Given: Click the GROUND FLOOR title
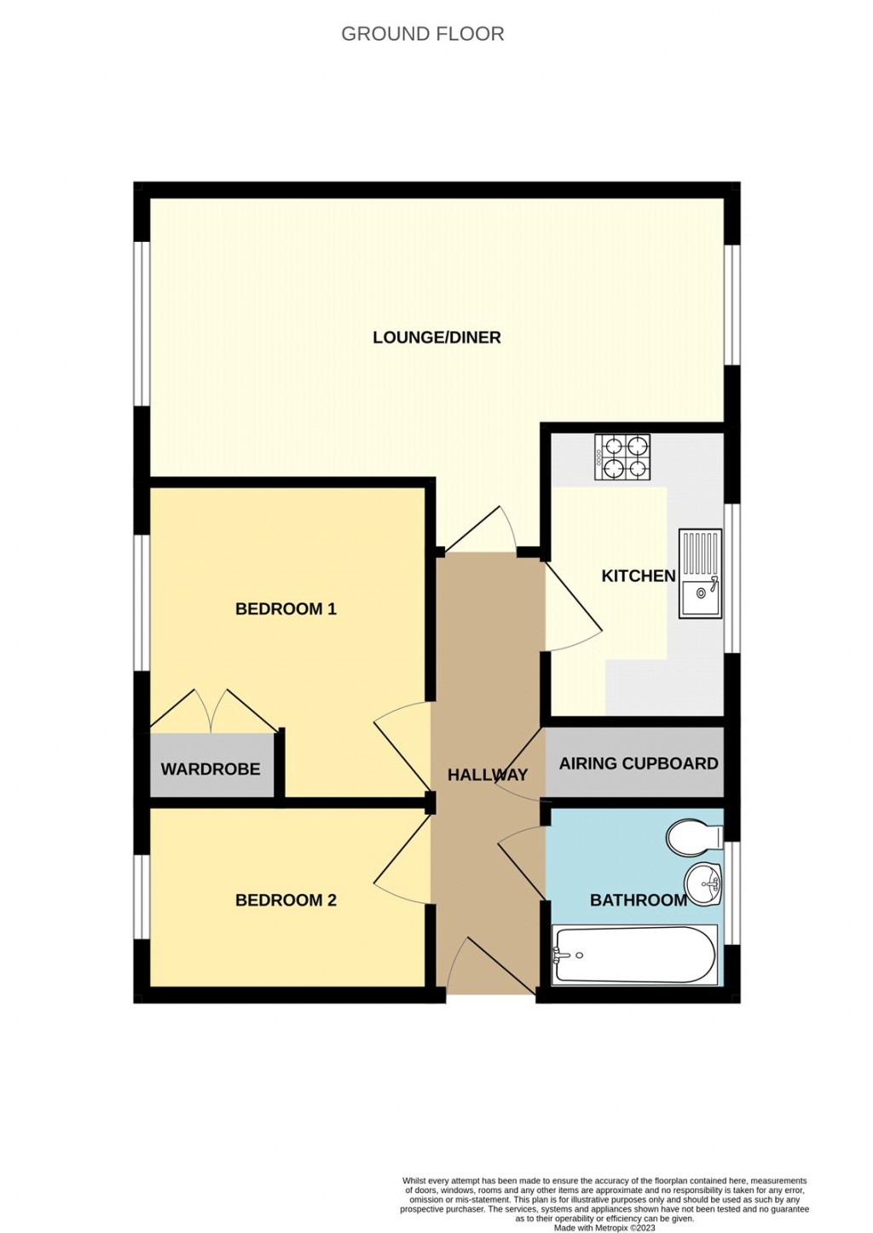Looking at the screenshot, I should (422, 34).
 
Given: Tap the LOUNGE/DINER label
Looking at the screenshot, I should (436, 337).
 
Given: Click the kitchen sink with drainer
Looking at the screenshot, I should (699, 573).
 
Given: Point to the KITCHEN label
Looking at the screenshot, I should (638, 576).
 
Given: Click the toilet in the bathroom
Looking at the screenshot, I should (695, 838).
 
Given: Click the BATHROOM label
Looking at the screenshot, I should (638, 900).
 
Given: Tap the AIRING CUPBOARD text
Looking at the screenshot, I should (638, 763).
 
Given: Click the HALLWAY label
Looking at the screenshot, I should (488, 775).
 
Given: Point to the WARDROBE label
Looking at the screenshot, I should (211, 769).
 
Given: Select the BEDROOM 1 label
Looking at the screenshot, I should (286, 608).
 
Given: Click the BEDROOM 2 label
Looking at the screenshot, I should (286, 900).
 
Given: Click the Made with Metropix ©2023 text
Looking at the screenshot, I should (604, 1228).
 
